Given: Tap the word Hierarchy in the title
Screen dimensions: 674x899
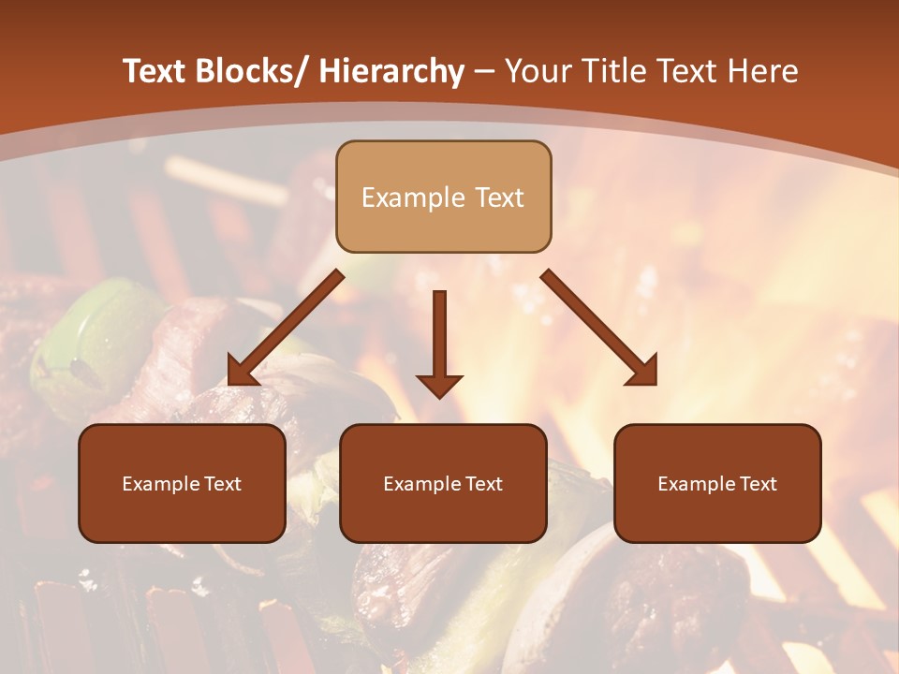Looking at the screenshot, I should (x=391, y=71).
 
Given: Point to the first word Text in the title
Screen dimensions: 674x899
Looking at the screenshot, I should (x=155, y=71).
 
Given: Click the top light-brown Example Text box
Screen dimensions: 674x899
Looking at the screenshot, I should (x=443, y=197).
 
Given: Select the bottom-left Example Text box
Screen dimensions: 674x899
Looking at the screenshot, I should (x=182, y=483).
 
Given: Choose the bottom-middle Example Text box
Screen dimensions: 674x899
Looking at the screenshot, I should (x=443, y=483).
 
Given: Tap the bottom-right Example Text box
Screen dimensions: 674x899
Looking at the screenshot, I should (x=717, y=483).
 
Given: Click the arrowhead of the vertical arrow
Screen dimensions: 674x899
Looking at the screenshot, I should (x=439, y=385).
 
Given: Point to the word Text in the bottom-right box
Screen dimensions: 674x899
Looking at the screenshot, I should (x=757, y=484).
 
